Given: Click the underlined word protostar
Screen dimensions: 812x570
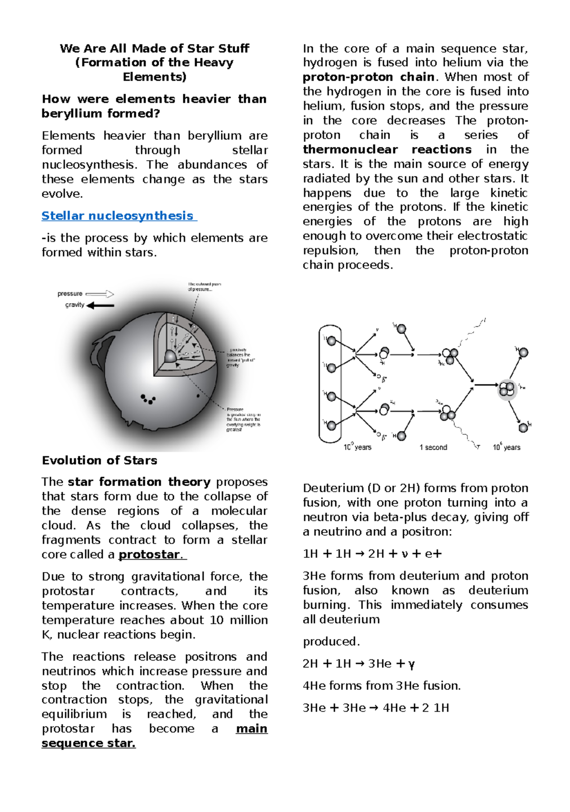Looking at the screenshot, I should point(149,554).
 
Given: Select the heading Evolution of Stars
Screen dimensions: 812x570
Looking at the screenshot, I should point(99,460).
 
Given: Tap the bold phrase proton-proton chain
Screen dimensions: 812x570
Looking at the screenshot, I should point(369,77).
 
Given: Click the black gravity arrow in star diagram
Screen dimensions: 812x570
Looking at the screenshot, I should point(101,306).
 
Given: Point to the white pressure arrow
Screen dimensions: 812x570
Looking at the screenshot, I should point(100,294).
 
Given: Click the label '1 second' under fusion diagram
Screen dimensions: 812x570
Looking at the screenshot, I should point(433,447).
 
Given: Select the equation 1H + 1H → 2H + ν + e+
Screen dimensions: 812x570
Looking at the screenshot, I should point(372,554).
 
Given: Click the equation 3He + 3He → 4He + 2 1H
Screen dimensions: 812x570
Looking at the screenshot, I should point(375,708).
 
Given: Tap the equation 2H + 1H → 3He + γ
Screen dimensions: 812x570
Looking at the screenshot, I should point(359,664).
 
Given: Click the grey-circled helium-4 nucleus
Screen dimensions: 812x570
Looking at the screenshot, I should point(507,389).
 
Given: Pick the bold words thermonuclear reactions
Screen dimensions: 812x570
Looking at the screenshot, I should point(387,150).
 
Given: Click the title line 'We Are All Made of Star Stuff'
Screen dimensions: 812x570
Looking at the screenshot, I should point(154,48).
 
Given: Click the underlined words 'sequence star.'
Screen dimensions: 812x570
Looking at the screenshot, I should point(88,743).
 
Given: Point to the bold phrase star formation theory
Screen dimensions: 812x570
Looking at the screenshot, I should point(139,482).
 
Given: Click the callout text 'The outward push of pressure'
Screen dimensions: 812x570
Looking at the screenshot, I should point(204,287).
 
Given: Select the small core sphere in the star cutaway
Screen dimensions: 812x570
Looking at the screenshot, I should point(171,356).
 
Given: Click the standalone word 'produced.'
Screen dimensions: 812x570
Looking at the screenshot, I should point(331,641).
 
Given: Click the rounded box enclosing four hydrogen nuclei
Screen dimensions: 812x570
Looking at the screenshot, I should point(330,383).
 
